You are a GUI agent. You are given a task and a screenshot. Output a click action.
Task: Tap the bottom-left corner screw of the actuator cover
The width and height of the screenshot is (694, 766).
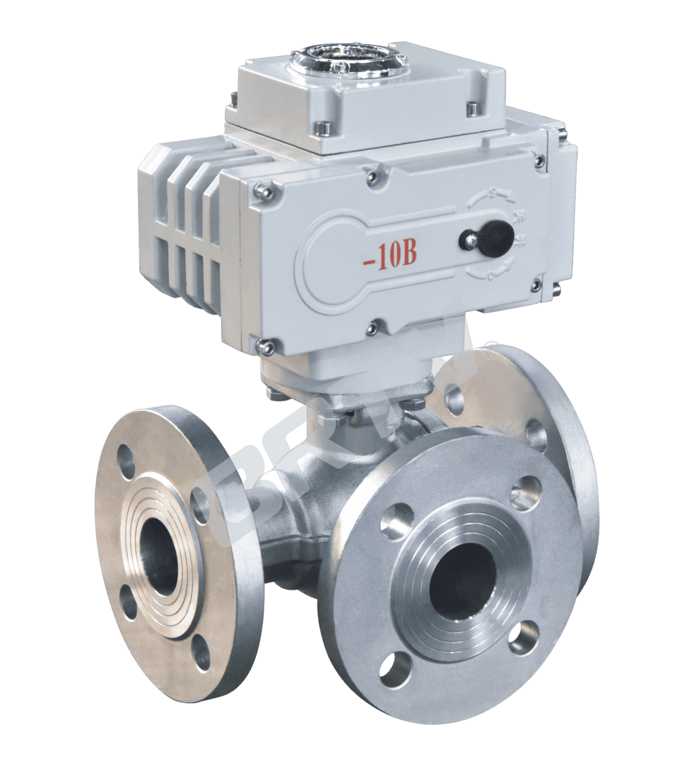(x=264, y=344)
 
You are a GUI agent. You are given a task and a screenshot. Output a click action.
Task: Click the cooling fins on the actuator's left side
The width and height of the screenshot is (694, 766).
(x=179, y=221)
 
